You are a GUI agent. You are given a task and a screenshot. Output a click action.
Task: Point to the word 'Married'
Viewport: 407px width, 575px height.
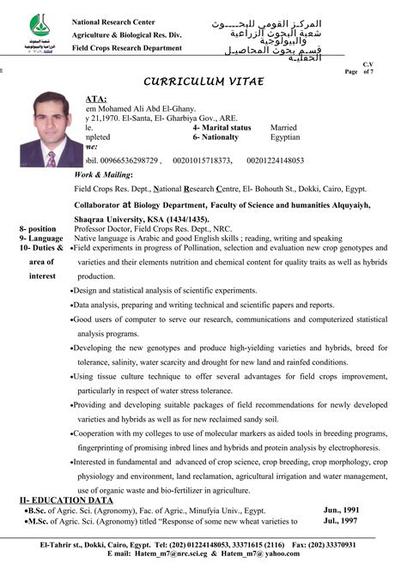click(283, 127)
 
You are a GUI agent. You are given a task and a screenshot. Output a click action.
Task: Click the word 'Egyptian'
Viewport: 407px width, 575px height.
click(285, 136)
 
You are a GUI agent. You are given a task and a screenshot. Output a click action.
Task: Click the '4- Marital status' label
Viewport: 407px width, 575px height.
click(221, 127)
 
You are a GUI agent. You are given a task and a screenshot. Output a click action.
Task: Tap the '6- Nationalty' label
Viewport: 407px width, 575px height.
click(218, 136)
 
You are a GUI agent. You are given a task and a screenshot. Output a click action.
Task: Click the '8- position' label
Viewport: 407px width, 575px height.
click(37, 229)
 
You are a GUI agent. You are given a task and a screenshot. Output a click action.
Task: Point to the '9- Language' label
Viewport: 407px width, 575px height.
click(39, 238)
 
